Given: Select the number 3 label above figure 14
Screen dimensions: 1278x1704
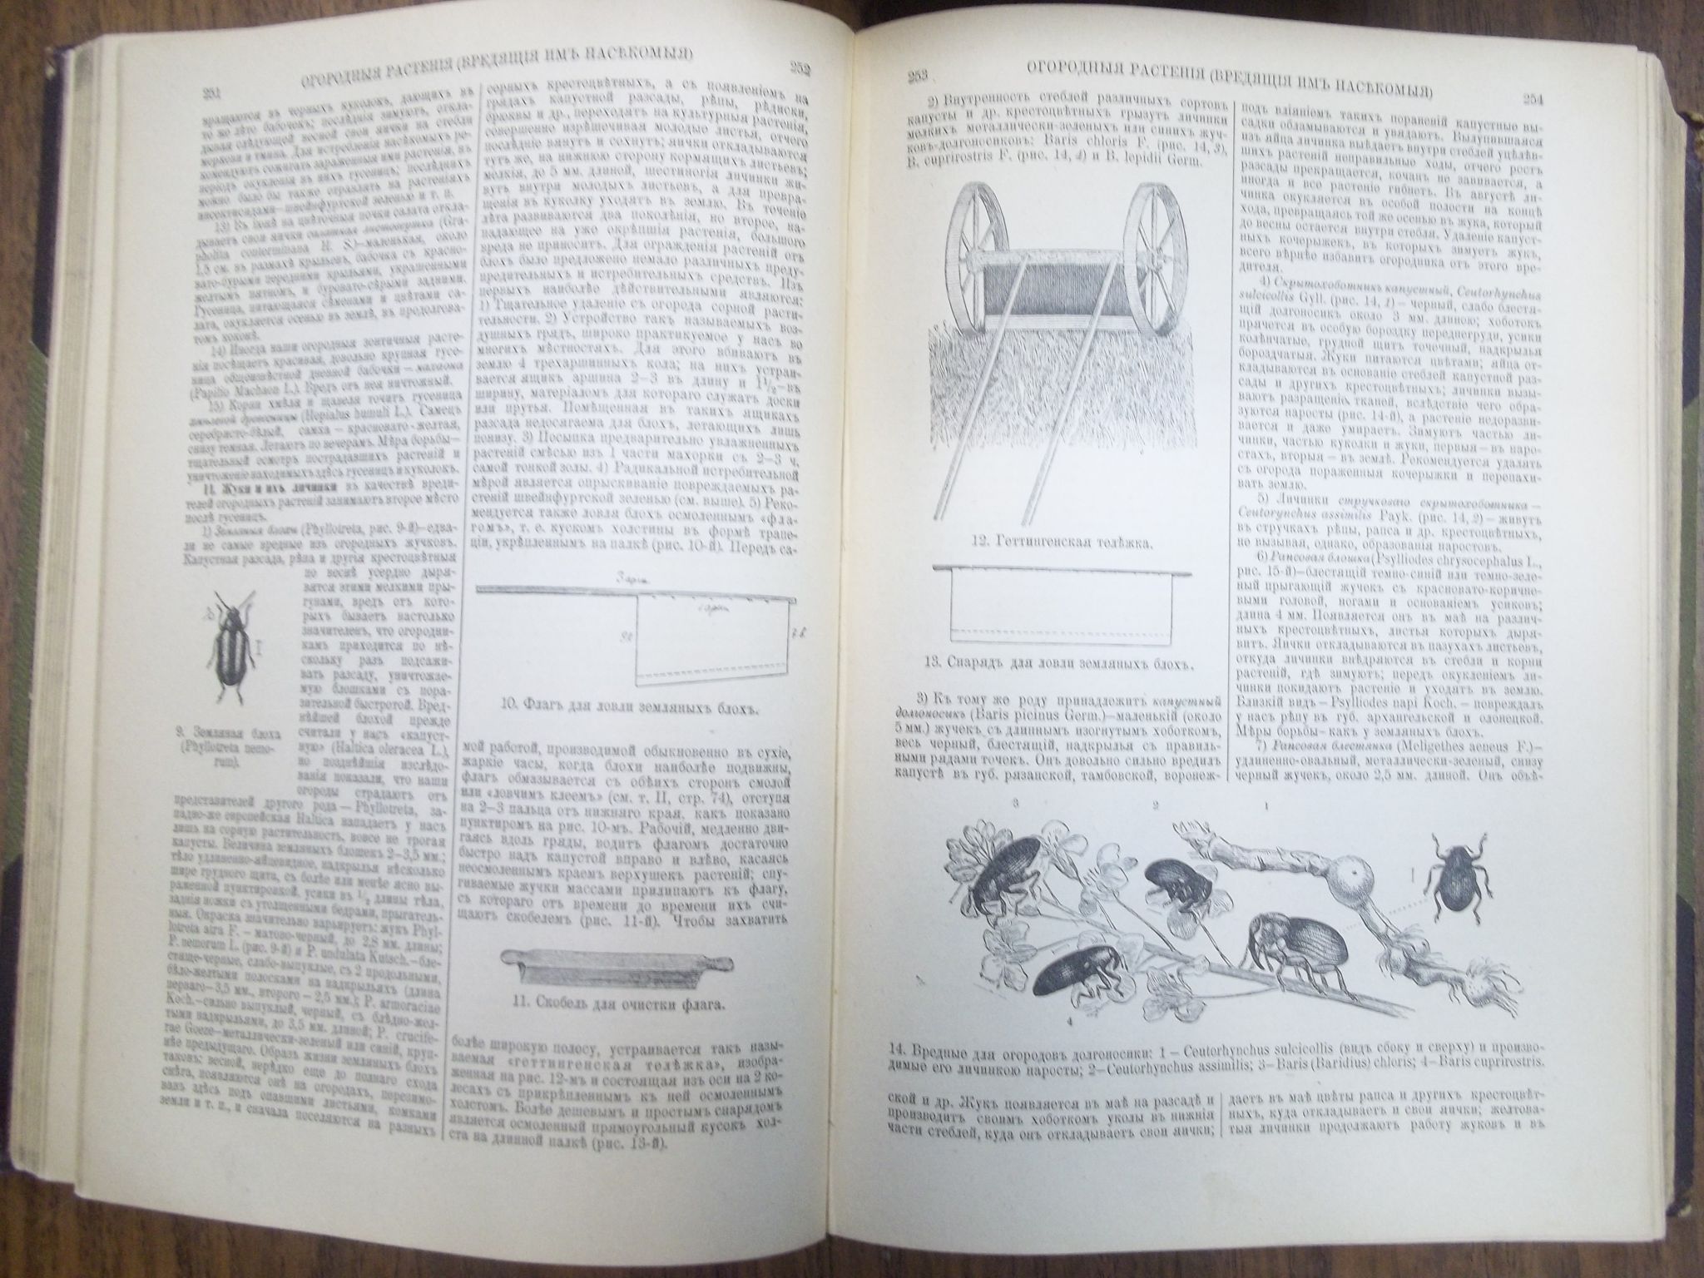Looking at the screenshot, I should pyautogui.click(x=1015, y=804).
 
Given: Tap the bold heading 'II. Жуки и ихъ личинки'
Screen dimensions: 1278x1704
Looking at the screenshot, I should pyautogui.click(x=256, y=488).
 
